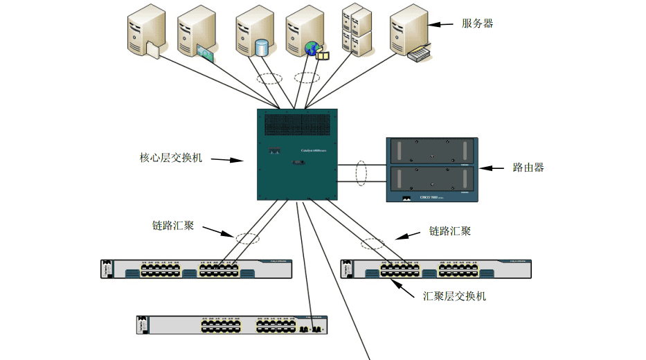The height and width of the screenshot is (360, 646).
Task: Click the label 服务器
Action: [x=477, y=24]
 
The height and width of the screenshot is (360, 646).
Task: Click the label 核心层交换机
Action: [x=171, y=158]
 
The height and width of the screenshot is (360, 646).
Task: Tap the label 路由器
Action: [x=528, y=168]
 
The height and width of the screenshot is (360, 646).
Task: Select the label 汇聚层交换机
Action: [x=455, y=296]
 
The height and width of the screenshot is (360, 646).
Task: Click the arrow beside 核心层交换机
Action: [x=226, y=160]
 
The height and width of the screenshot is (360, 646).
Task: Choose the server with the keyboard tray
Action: [x=411, y=33]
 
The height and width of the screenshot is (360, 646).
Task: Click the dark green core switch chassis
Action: [x=297, y=155]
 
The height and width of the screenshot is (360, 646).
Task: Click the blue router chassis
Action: [x=431, y=170]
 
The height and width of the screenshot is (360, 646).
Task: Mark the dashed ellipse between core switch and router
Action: [x=361, y=173]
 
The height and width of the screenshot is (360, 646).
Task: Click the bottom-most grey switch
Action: [x=231, y=325]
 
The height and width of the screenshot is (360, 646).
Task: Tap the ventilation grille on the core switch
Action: [x=297, y=124]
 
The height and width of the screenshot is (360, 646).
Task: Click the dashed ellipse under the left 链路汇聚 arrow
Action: [x=246, y=238]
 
